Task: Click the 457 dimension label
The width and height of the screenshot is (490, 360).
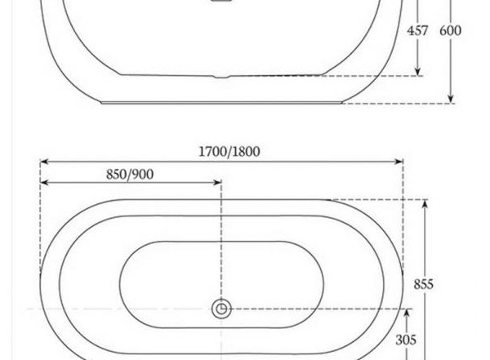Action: pos(417,31)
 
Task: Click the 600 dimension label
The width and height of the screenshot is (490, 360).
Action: pos(450,31)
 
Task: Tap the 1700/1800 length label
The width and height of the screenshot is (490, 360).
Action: pos(229,152)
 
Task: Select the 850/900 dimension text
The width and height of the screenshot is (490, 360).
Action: pos(130,175)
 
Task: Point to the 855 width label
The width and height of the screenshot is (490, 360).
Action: pos(423,284)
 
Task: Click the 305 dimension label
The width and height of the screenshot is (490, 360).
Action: pos(406,340)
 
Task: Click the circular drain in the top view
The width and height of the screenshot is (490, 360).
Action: pos(221,309)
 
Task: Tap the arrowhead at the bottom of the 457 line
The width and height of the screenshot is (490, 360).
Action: pos(418,72)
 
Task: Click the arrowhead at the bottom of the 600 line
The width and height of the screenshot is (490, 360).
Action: pos(450,99)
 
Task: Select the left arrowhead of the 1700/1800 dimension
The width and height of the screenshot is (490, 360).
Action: pos(44,162)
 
